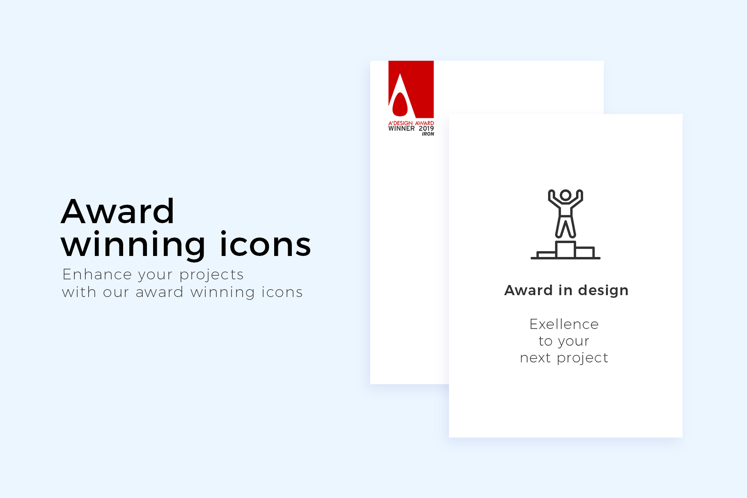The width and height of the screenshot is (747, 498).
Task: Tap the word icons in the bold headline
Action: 266,244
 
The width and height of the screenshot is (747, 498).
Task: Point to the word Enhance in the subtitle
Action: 97,274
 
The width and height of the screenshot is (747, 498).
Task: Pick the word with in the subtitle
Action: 79,292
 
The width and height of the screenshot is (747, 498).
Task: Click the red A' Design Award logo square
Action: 411,89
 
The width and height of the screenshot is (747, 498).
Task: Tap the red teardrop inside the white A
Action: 400,104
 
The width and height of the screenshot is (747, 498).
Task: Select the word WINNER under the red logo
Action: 401,128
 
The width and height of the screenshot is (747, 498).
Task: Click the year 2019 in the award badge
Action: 426,128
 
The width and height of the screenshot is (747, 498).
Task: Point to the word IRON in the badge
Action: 428,134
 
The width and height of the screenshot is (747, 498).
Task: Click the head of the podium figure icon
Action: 566,195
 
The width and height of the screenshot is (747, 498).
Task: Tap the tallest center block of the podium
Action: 566,249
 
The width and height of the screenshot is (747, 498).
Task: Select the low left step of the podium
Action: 546,255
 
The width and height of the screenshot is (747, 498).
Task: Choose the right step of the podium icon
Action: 585,252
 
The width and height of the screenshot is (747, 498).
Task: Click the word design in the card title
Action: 603,290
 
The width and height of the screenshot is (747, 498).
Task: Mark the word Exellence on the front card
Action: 564,324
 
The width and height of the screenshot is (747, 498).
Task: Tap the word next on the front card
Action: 535,358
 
